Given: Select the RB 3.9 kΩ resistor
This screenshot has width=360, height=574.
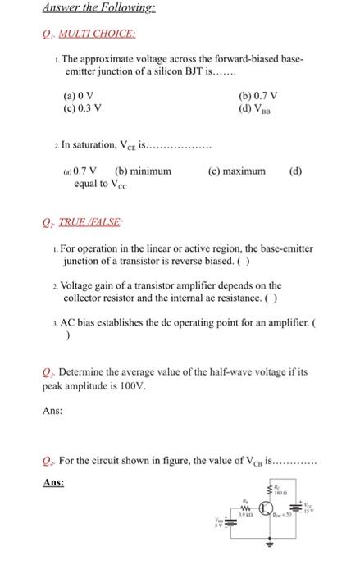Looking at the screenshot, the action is click(244, 506).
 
